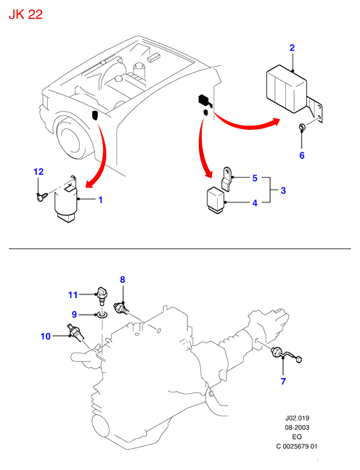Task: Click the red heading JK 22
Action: point(26,15)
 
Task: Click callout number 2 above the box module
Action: point(292,48)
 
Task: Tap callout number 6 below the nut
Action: point(302,155)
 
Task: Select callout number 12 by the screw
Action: point(38,172)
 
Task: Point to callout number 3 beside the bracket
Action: point(283,190)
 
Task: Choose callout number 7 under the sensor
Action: point(283,382)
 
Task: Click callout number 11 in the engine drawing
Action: point(73,295)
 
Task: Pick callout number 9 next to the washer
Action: point(75,315)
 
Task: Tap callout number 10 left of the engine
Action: point(46,337)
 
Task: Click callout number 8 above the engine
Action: point(123,280)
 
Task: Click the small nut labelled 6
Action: point(302,127)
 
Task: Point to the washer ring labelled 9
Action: point(102,315)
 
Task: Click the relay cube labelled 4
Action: point(215,200)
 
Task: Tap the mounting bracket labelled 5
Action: point(227,178)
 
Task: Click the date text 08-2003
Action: point(297,427)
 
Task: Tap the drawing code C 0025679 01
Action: point(296,446)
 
